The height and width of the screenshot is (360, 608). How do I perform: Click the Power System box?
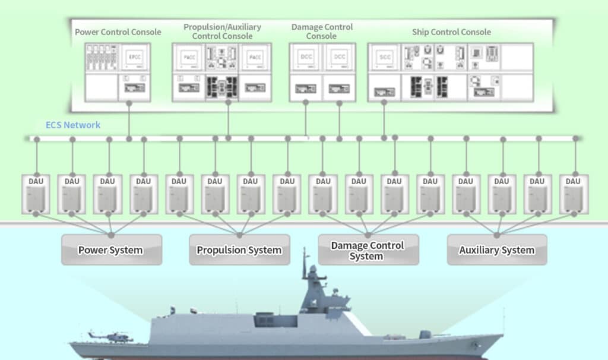111,250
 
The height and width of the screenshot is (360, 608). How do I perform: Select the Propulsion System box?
239,250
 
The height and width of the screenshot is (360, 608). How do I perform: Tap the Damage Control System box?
368,250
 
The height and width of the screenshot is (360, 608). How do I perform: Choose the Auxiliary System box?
496,250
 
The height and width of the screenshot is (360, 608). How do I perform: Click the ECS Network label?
73,125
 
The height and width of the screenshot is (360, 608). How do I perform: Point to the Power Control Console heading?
118,31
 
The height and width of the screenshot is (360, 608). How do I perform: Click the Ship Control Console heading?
451,31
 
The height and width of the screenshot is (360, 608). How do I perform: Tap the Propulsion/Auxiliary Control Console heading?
222,31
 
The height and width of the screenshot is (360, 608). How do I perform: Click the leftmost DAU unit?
36,194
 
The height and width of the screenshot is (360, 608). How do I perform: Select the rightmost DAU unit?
573,194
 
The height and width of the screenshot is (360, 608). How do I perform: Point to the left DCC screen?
306,58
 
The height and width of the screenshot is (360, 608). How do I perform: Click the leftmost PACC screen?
189,58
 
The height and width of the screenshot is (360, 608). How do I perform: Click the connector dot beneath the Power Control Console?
129,103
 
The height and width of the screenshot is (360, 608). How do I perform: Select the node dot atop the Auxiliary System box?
496,234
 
